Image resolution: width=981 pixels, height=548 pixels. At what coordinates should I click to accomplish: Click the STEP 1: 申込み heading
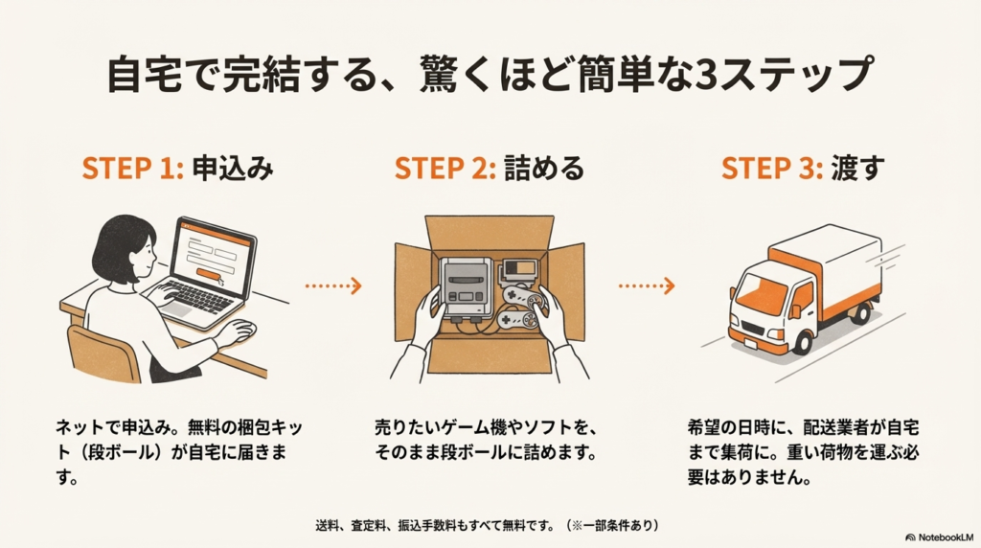coord(178,169)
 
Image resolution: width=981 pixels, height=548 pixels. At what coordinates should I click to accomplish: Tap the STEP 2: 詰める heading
coord(489,169)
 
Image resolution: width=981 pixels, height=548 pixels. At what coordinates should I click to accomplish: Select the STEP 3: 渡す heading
coord(803,169)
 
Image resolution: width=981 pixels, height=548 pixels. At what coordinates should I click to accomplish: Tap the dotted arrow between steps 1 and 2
coord(332,285)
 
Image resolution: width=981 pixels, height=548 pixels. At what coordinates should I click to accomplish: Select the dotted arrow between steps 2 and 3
coord(647,285)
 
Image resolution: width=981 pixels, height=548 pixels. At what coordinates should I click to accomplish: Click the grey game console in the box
coord(467,287)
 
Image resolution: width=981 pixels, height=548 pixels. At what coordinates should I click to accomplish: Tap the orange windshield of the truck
coord(758,288)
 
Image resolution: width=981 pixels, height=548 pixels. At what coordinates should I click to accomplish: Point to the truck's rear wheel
coord(863,311)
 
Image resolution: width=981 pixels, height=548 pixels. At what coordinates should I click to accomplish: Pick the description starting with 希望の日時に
coord(803,450)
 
